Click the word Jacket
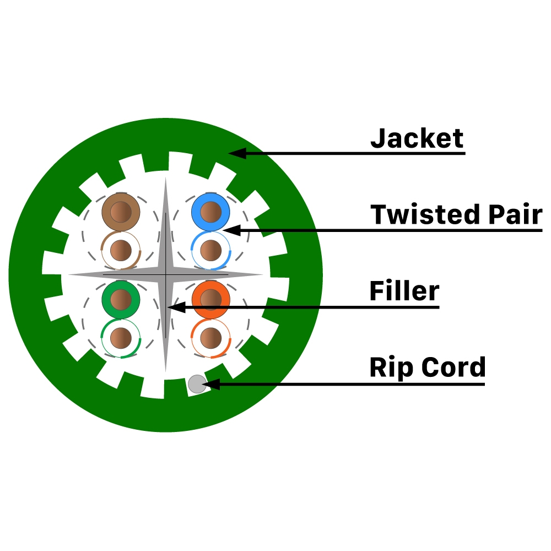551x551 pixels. click(417, 138)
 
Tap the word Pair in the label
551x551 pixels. click(510, 214)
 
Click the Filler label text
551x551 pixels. click(404, 290)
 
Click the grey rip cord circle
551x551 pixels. click(197, 384)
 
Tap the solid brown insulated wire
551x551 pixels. click(121, 212)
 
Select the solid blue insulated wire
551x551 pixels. click(210, 212)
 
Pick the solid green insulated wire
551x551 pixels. click(121, 299)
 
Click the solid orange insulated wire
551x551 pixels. click(210, 299)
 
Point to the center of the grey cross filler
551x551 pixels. click(165, 274)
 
